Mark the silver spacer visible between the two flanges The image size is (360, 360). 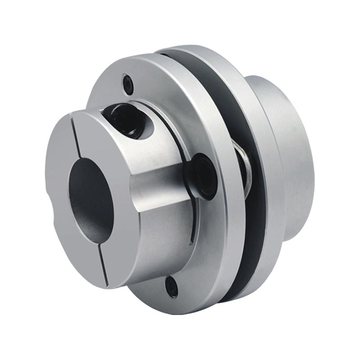(245, 166)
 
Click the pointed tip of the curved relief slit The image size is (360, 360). (191, 243)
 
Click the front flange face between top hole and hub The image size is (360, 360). (148, 90)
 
